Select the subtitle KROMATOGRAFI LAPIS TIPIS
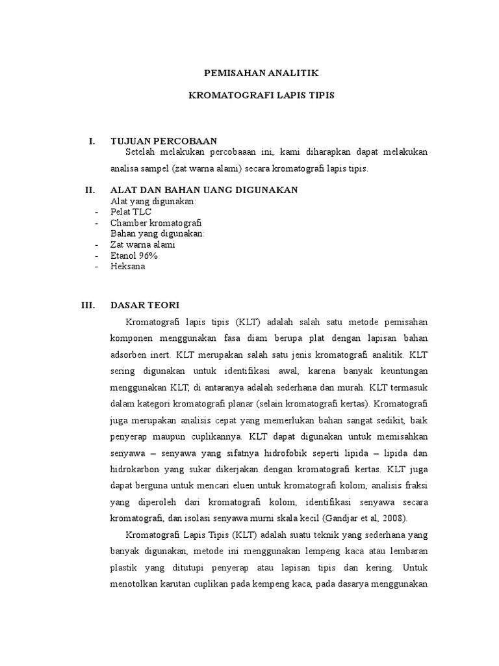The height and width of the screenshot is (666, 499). point(261,95)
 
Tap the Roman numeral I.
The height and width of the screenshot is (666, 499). point(92,140)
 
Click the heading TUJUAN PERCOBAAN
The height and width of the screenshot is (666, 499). point(164,140)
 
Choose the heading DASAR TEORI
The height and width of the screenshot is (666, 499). point(145,304)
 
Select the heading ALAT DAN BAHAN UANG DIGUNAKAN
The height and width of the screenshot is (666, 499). point(204,190)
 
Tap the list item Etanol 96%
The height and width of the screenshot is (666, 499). point(134,256)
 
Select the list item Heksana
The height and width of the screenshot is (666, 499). point(128,267)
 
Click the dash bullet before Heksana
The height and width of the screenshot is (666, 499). point(96,267)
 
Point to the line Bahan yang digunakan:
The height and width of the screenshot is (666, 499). point(157,233)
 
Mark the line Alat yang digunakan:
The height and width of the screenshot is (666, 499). point(153,201)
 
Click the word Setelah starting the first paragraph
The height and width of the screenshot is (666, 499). point(141,152)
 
